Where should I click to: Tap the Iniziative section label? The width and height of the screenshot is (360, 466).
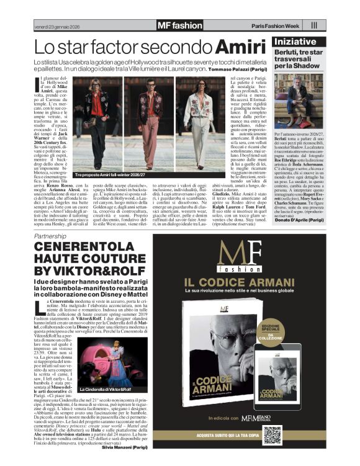(x=299, y=41)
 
